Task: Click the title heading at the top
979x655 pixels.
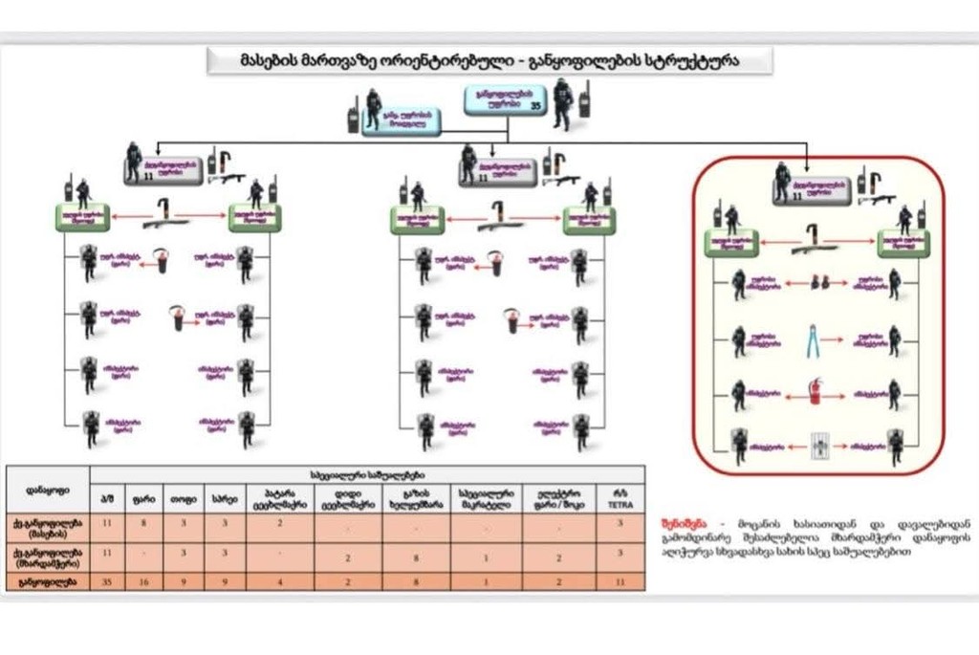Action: tap(489, 60)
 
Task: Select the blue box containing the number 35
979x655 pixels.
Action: tap(503, 99)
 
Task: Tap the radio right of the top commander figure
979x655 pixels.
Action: tap(584, 98)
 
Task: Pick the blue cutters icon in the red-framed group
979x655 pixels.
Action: tap(814, 339)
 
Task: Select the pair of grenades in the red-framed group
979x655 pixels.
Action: tap(816, 283)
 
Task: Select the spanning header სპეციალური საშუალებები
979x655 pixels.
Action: tap(367, 473)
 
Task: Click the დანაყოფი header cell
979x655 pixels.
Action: tap(48, 489)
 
